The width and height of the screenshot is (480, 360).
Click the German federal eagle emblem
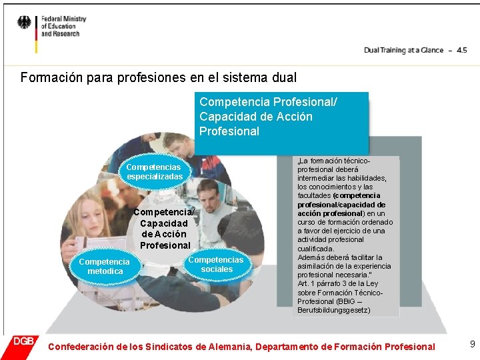(x=24, y=23)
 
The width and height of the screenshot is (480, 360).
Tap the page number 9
(x=472, y=344)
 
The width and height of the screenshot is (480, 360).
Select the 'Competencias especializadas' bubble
(x=154, y=171)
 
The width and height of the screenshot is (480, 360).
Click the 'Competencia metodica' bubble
(x=105, y=267)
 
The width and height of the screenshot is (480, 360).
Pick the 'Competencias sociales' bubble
(x=217, y=264)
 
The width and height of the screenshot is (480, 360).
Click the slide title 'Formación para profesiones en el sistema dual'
(x=159, y=77)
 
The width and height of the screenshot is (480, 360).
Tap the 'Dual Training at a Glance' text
(x=403, y=50)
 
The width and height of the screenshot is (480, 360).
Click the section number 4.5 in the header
(x=461, y=50)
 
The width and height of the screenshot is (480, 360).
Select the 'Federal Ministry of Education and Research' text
(x=60, y=27)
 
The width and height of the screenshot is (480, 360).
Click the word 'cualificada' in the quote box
(x=316, y=249)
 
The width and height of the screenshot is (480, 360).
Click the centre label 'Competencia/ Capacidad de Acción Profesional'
(x=165, y=229)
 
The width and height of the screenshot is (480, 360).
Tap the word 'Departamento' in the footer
(x=285, y=347)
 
